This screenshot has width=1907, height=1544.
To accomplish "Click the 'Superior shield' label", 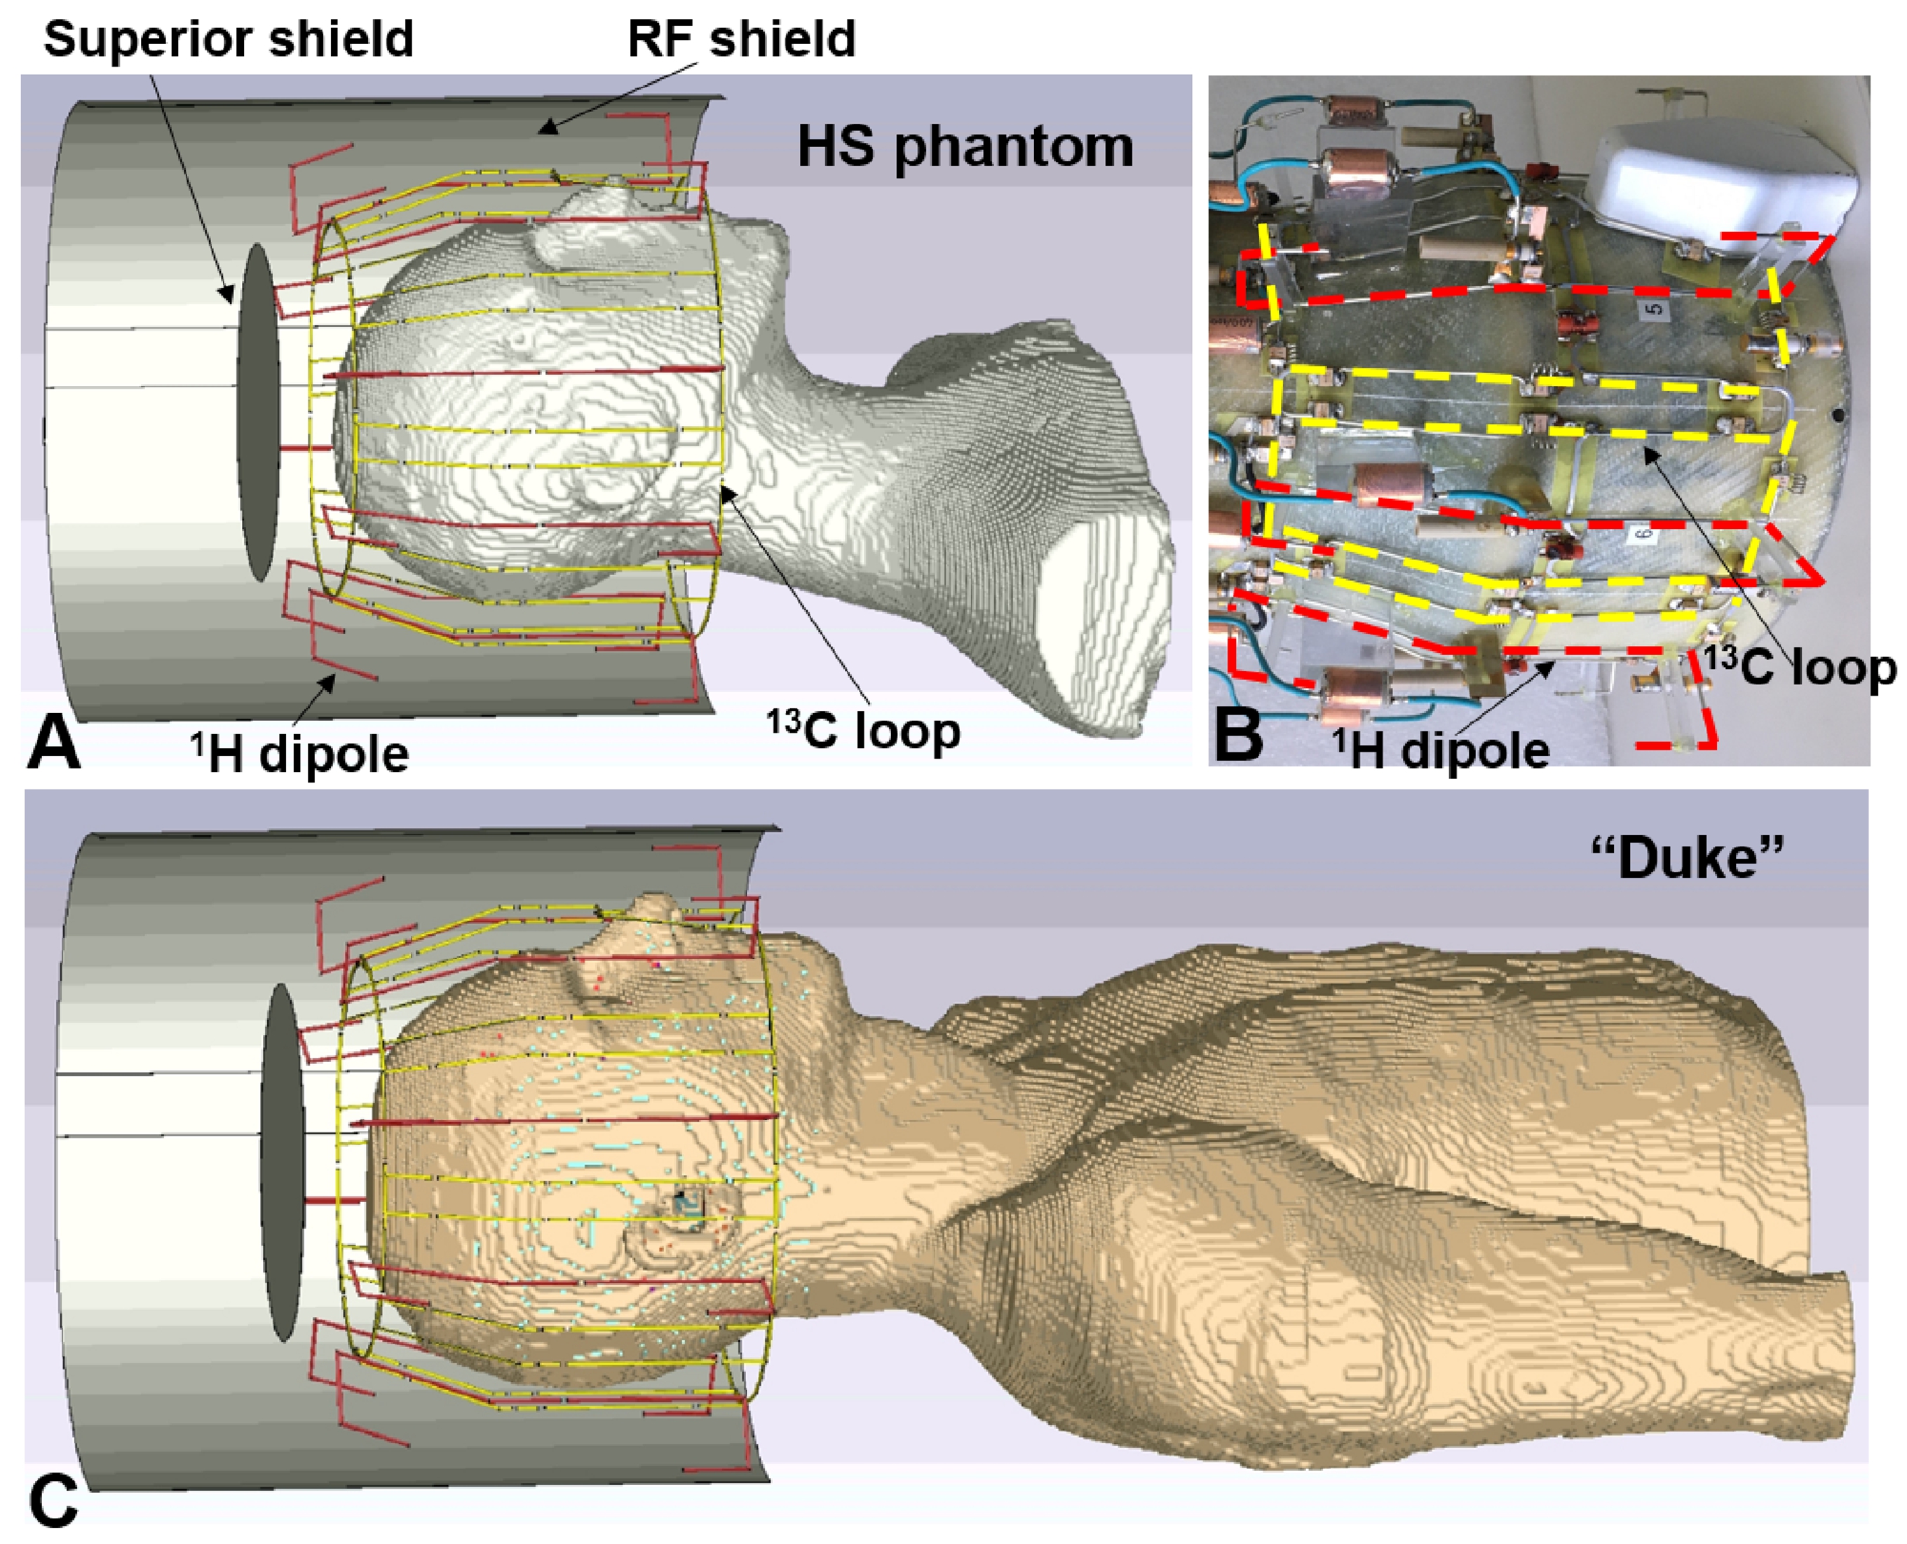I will (228, 39).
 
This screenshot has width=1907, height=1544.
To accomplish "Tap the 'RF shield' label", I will (741, 39).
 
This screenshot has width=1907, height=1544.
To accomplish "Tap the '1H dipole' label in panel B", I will (1441, 750).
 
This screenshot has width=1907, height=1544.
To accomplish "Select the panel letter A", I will (54, 745).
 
